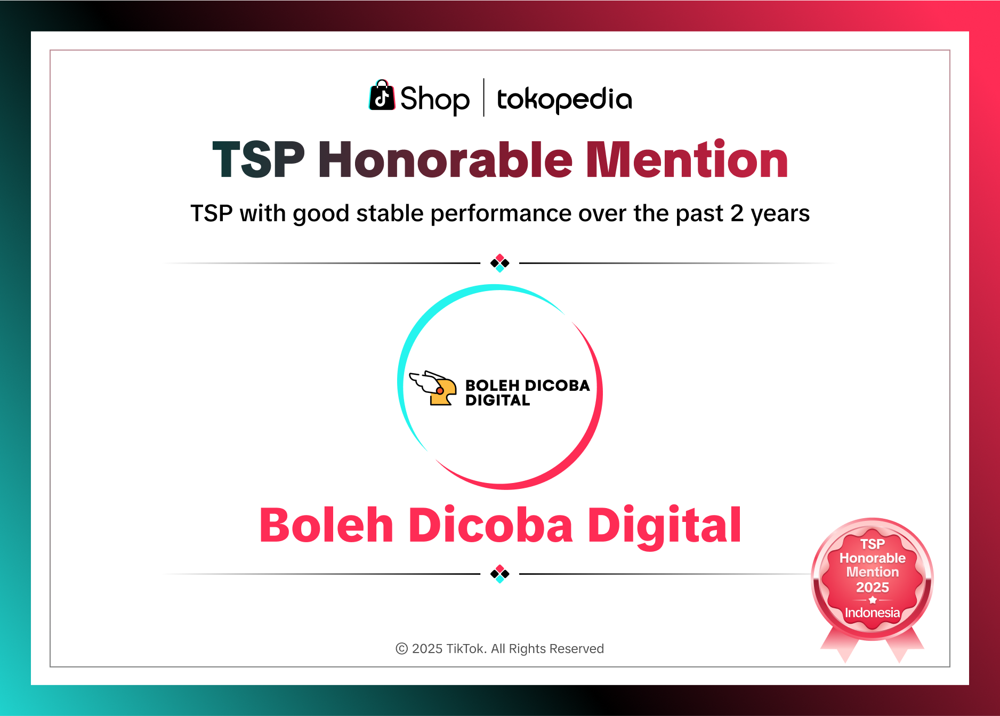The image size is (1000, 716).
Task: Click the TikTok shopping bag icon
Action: click(382, 96)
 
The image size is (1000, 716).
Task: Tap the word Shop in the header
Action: click(435, 100)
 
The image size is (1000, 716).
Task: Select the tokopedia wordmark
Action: click(564, 100)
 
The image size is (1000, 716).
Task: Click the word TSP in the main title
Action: click(259, 159)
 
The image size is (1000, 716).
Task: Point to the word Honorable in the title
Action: click(445, 159)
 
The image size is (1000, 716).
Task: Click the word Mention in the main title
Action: click(687, 159)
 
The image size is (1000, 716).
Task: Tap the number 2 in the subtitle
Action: click(737, 213)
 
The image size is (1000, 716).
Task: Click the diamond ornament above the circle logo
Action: click(500, 263)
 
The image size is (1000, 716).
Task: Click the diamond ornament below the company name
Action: click(500, 574)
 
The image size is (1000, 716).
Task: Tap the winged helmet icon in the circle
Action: click(434, 388)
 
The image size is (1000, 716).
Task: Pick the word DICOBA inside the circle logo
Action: click(557, 385)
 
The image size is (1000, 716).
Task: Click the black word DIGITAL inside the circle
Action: click(497, 400)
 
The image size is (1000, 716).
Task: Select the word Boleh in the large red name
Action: click(326, 526)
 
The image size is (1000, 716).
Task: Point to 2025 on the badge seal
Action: click(872, 588)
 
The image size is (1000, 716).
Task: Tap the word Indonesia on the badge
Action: click(872, 613)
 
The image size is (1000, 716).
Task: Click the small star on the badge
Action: click(873, 600)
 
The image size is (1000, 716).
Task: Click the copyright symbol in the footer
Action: click(402, 649)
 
